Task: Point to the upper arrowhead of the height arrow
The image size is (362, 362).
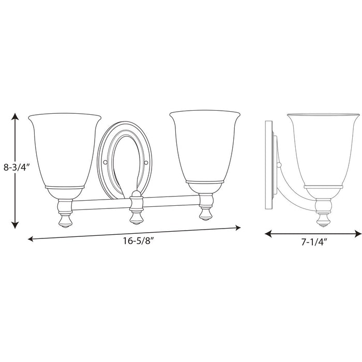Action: click(x=16, y=116)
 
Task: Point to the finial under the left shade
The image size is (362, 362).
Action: click(x=65, y=219)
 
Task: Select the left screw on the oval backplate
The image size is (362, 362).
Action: click(x=105, y=162)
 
